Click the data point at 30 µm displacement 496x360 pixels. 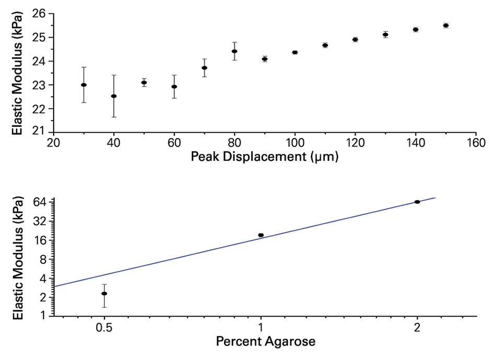point(84,85)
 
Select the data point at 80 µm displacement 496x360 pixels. point(234,51)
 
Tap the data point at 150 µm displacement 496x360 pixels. point(446,25)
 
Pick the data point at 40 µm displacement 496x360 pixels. point(114,96)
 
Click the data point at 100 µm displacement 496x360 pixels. point(295,52)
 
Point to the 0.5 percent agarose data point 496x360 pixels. point(104,294)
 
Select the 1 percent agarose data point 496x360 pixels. point(261,235)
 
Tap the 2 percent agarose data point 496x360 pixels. point(417,202)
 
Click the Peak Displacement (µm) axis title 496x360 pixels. point(265,156)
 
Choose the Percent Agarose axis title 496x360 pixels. point(265,342)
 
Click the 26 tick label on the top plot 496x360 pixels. point(39,14)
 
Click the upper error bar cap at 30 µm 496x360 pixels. point(84,67)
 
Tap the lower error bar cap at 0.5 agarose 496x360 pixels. point(104,307)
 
